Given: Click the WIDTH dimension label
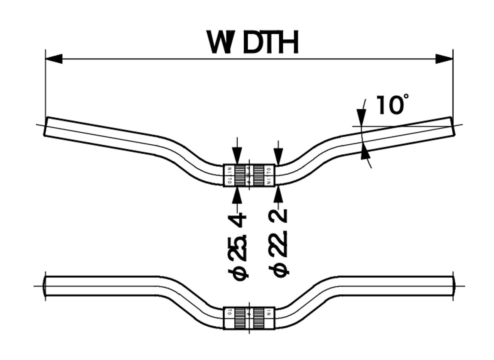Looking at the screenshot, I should tap(253, 43).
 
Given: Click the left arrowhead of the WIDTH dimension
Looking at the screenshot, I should tap(54, 59).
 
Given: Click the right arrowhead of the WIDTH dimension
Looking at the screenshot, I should tap(444, 59).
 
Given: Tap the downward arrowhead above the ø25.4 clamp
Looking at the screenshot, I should tap(237, 156).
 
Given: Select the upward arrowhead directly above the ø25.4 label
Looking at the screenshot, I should tap(237, 196).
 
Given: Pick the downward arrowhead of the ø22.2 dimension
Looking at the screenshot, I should tap(278, 156).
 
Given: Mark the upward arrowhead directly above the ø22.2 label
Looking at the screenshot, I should tap(278, 196).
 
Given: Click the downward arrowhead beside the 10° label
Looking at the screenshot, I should tap(361, 117).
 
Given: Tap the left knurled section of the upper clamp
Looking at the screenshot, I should tap(240, 176).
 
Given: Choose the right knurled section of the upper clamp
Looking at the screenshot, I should tap(258, 176).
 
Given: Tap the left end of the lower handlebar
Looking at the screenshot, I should tap(46, 286).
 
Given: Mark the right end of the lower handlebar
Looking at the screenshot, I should tap(453, 286).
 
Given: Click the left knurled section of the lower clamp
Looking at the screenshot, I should tap(240, 318).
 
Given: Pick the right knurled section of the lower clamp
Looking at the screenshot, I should tap(258, 318).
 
